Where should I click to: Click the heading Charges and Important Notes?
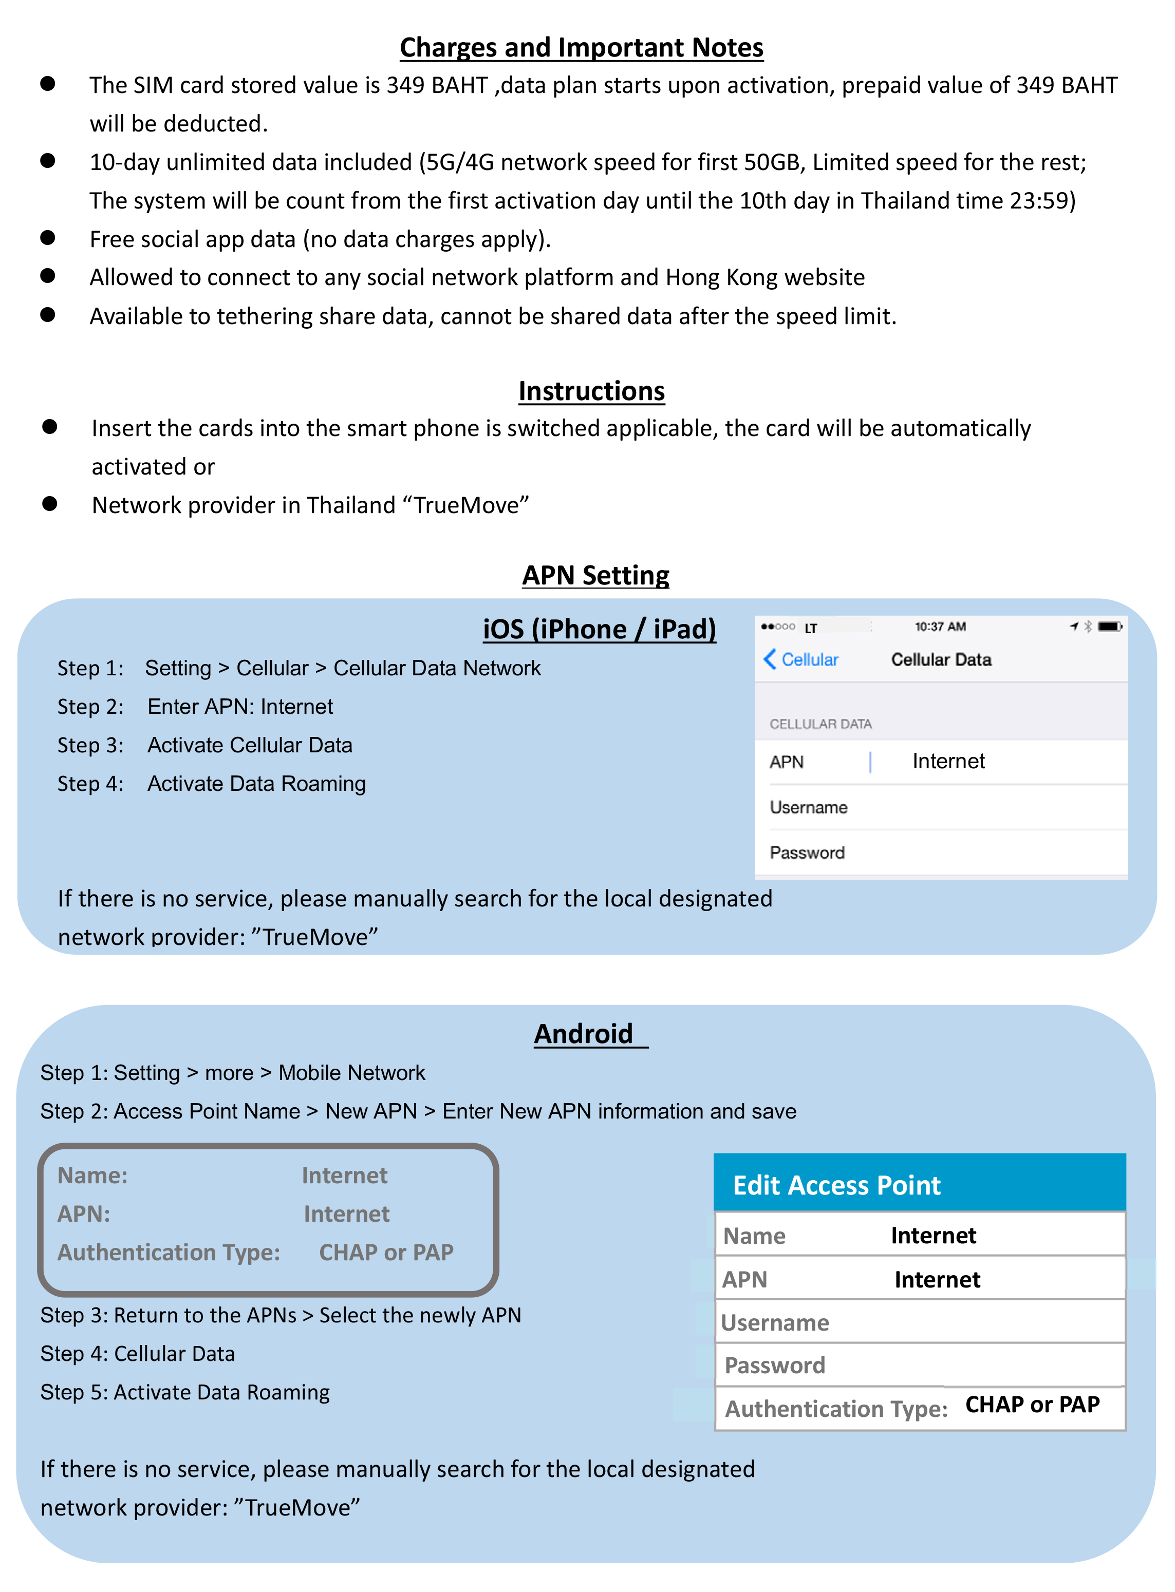coord(581,48)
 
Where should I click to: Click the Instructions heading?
coord(591,391)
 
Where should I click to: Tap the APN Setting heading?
coord(595,575)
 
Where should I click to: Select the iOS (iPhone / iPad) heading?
coord(599,629)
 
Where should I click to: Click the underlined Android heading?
coord(584,1034)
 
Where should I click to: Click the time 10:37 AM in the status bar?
coord(940,627)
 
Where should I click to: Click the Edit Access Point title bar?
coord(919,1185)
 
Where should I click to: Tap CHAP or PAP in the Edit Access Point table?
coord(1032,1404)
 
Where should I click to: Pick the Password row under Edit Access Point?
coord(919,1365)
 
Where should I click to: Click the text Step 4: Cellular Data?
coord(137,1354)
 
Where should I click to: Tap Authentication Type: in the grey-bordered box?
coord(169,1252)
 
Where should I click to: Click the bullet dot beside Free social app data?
coord(48,237)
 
